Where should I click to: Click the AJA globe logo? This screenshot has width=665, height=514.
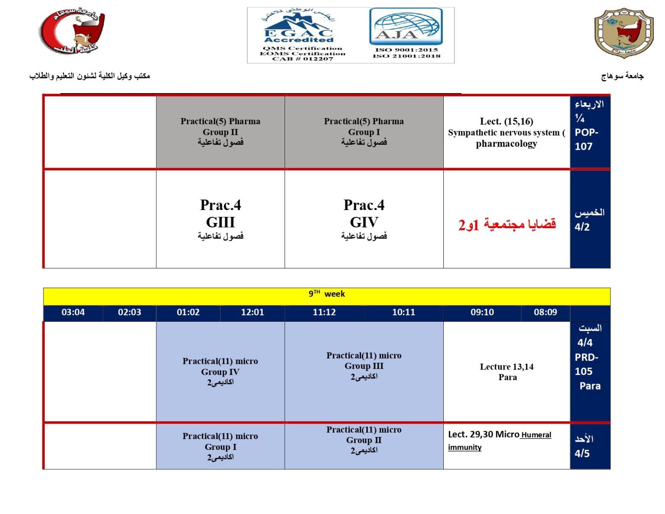pyautogui.click(x=406, y=27)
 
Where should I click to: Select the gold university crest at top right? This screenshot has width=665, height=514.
pyautogui.click(x=623, y=33)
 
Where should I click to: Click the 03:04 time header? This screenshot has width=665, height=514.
pyautogui.click(x=73, y=312)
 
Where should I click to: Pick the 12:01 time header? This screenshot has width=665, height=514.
pyautogui.click(x=252, y=312)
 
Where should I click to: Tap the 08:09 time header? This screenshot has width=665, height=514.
pyautogui.click(x=545, y=312)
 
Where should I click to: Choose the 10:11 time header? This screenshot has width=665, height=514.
pyautogui.click(x=404, y=312)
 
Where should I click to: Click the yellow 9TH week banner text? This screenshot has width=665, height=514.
pyautogui.click(x=327, y=294)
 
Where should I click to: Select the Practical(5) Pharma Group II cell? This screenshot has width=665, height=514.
pyautogui.click(x=220, y=132)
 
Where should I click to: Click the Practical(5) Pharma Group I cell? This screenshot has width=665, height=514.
pyautogui.click(x=364, y=132)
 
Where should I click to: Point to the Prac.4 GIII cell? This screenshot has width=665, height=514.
pyautogui.click(x=220, y=219)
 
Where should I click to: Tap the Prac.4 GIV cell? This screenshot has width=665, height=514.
pyautogui.click(x=364, y=219)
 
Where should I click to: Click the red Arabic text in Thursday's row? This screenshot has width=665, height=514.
pyautogui.click(x=507, y=225)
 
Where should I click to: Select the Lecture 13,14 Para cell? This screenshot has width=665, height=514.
pyautogui.click(x=507, y=372)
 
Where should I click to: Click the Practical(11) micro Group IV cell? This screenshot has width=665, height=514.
pyautogui.click(x=220, y=372)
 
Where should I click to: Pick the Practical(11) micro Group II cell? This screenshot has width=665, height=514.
pyautogui.click(x=364, y=440)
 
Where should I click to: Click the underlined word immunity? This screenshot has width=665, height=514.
pyautogui.click(x=465, y=447)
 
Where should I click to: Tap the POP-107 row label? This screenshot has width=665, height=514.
pyautogui.click(x=586, y=139)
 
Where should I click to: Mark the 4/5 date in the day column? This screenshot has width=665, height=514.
pyautogui.click(x=582, y=453)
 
